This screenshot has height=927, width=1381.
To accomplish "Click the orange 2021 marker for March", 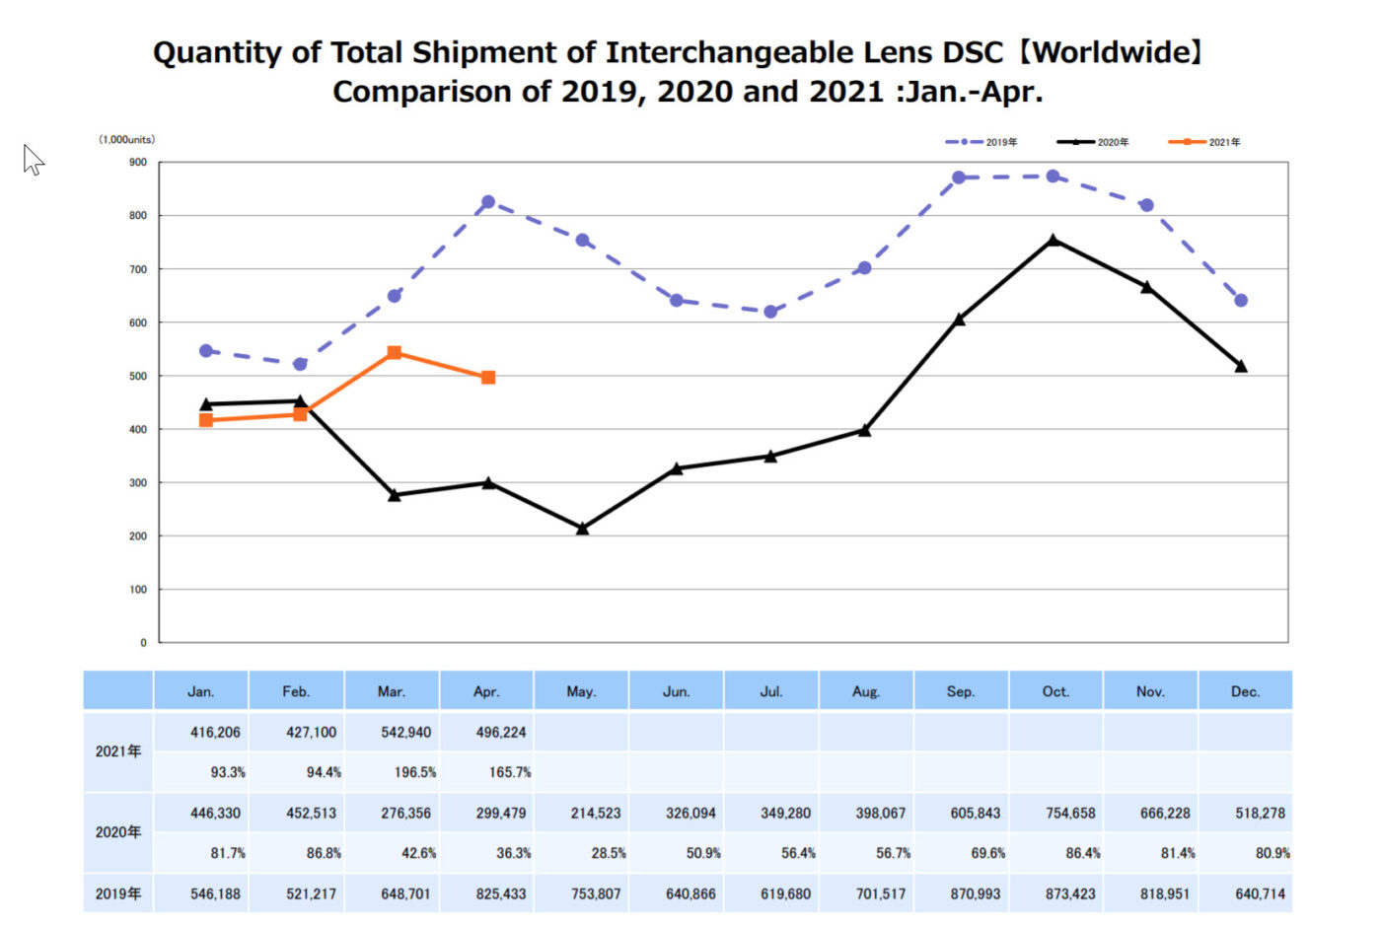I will coord(395,352).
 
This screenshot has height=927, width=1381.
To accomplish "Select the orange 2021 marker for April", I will coord(488,377).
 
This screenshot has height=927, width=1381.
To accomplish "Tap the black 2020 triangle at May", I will coord(582,529).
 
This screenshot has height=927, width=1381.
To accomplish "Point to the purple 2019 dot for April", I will coord(488,202).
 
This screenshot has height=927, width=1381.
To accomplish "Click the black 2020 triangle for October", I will coord(1054,240).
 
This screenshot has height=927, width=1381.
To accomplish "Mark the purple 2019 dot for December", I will coord(1241,301).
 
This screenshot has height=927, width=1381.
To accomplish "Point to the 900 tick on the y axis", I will coord(138,163).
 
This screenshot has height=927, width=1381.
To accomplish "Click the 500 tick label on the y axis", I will coord(138,376).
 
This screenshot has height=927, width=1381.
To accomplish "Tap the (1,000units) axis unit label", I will coord(126,140).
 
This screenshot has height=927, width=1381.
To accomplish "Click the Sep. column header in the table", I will coord(961,691).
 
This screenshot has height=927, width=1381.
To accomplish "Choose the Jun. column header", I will coord(676,691).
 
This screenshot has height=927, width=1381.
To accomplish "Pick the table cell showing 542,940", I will coord(406,732).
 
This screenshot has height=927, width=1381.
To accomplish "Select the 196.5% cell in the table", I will coord(414,772).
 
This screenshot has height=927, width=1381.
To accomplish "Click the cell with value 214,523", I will coord(596,814).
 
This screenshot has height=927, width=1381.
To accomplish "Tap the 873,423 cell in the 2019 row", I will coord(1071,893).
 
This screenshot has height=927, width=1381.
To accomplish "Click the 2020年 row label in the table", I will coord(118,832).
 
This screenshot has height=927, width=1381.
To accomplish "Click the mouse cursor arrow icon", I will coord(33,159).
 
